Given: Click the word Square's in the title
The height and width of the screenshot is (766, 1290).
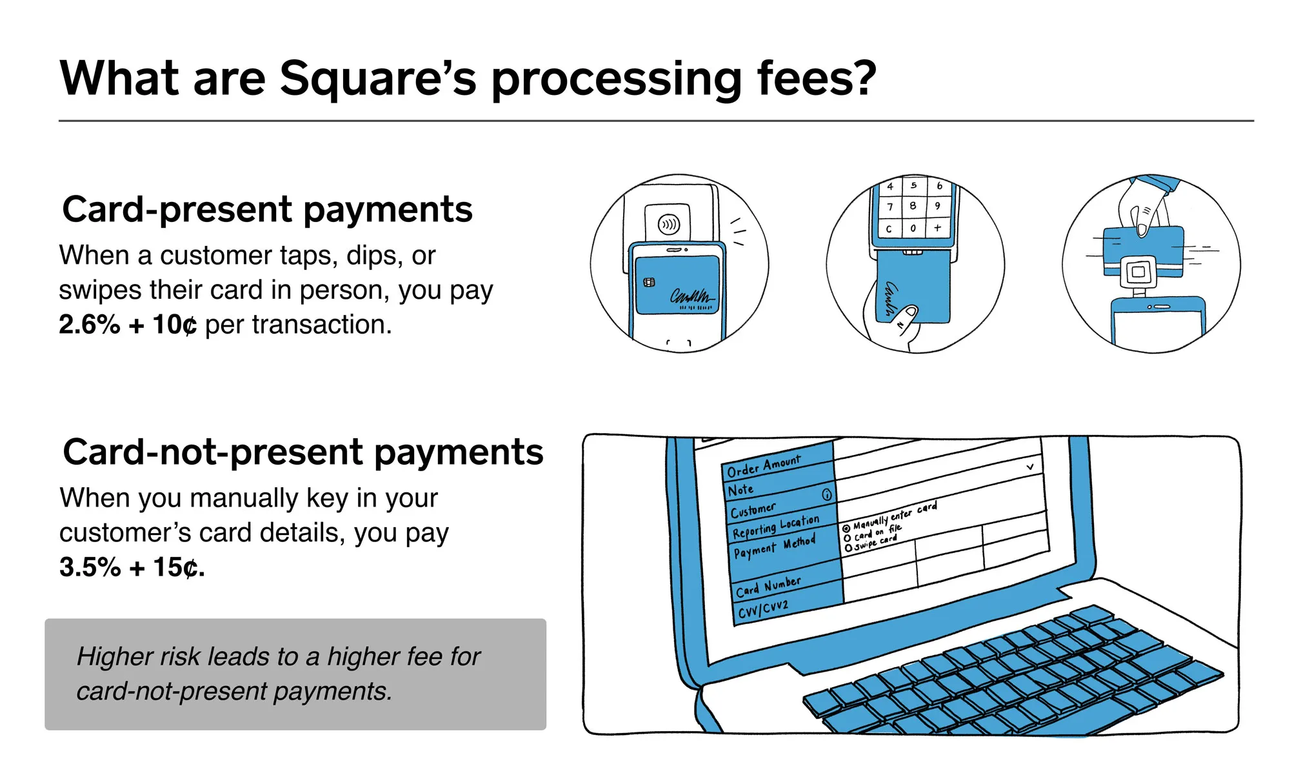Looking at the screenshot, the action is point(377,79).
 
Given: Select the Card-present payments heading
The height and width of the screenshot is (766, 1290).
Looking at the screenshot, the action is point(267,210).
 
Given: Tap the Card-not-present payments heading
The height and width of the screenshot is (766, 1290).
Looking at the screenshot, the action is point(303,452).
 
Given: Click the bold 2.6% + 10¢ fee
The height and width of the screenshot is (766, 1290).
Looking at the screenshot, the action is point(128,325).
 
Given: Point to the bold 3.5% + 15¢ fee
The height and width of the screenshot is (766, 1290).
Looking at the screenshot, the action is point(132,567).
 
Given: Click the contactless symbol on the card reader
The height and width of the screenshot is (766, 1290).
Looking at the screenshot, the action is point(668,225).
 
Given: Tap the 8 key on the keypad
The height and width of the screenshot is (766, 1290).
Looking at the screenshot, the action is point(913,206).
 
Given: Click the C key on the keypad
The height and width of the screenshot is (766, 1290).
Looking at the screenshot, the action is point(889,229).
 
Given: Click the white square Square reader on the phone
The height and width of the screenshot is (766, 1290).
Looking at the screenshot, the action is point(1138,272).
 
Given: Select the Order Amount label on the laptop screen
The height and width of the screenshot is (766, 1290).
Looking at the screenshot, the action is point(764,465).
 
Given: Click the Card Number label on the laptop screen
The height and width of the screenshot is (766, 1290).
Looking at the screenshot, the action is point(768,587).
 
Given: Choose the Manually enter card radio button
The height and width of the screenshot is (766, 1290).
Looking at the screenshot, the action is point(846,529).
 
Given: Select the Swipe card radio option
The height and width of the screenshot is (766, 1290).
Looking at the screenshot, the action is point(848,548).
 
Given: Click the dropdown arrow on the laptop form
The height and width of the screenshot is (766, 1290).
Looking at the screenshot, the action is point(1030,467).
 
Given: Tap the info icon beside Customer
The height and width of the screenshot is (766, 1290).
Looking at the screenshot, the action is point(827,495).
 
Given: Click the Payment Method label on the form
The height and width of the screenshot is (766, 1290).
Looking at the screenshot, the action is point(774,547).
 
